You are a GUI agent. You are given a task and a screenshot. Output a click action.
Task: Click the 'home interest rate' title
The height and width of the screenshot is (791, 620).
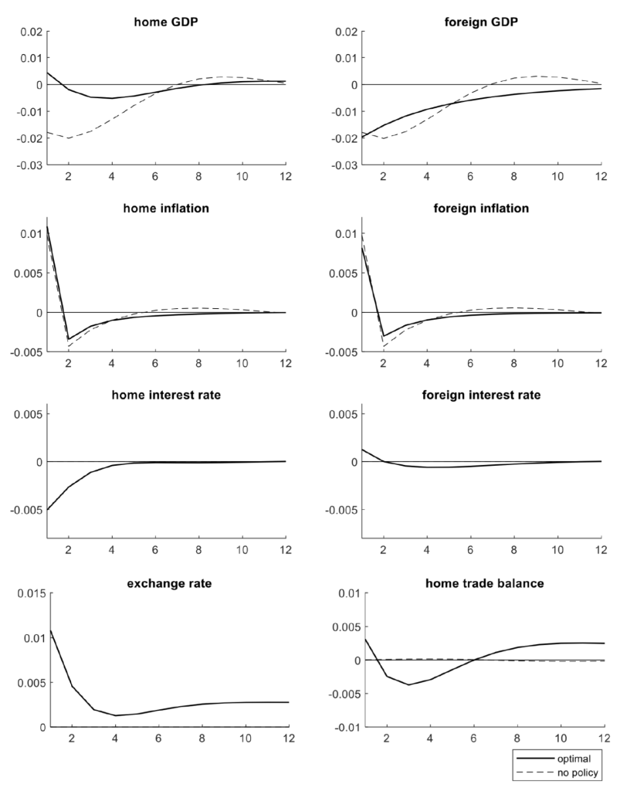(x=165, y=395)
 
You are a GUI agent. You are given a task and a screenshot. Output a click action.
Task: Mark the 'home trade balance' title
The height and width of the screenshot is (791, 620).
(x=483, y=582)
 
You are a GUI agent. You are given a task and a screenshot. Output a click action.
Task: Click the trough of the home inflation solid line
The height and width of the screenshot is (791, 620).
(x=69, y=339)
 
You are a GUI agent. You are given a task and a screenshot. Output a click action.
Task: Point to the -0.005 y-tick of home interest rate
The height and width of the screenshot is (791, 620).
(x=26, y=510)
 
